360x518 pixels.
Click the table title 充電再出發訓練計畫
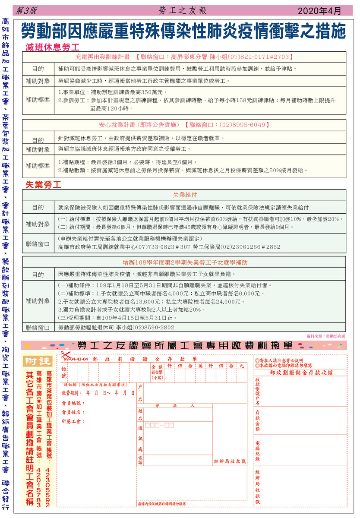coord(102,57)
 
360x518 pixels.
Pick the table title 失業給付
coord(185,195)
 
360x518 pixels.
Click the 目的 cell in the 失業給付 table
coord(38,208)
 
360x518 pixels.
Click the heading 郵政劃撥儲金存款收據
coord(301,372)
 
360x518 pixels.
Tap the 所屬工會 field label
coord(72,421)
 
